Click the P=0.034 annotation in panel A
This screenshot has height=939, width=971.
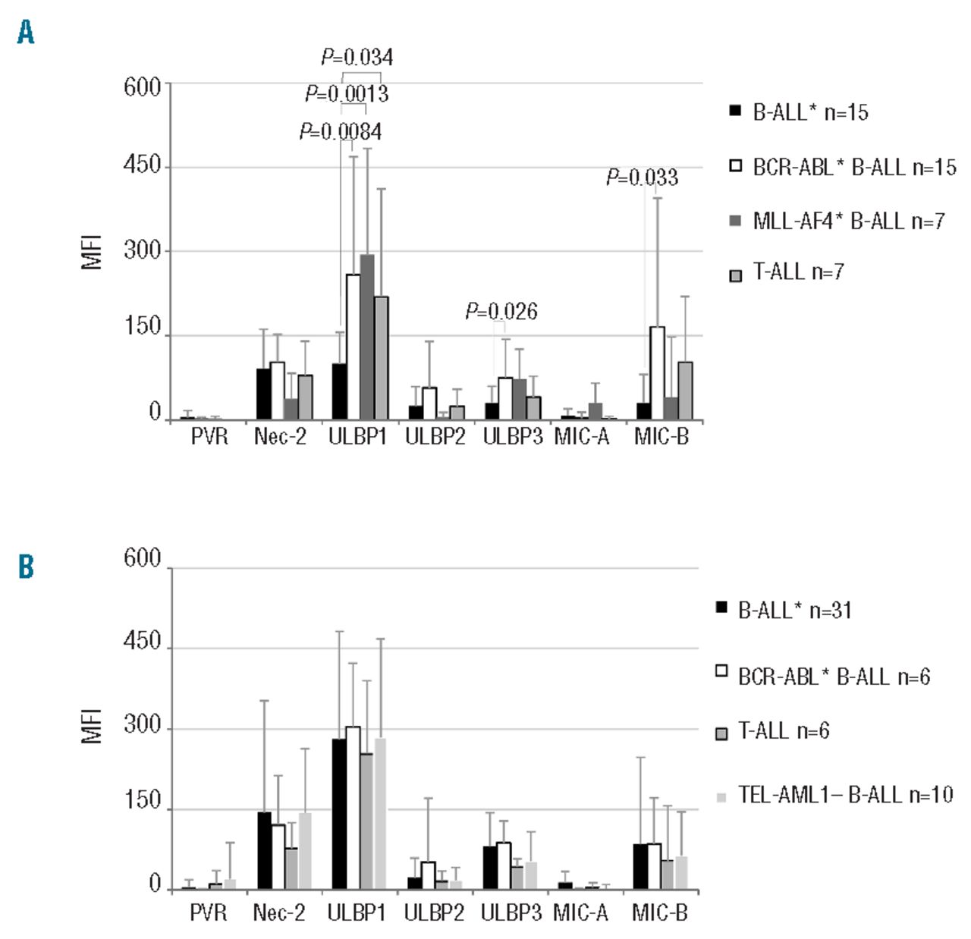(357, 57)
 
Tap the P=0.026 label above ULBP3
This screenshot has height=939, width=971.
(501, 311)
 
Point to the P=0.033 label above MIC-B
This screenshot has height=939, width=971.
(642, 177)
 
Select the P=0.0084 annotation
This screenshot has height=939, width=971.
(341, 132)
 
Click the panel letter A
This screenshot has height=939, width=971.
(26, 33)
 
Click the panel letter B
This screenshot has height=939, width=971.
(26, 567)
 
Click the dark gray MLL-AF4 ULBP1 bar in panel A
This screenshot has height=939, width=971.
(367, 337)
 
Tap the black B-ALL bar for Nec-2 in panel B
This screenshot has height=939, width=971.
(265, 850)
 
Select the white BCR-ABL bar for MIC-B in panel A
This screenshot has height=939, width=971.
(657, 372)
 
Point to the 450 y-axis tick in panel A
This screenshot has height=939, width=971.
(143, 165)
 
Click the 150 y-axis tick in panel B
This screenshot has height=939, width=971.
(143, 802)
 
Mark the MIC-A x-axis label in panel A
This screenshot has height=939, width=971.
(582, 437)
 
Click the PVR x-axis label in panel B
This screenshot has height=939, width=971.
(208, 912)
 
